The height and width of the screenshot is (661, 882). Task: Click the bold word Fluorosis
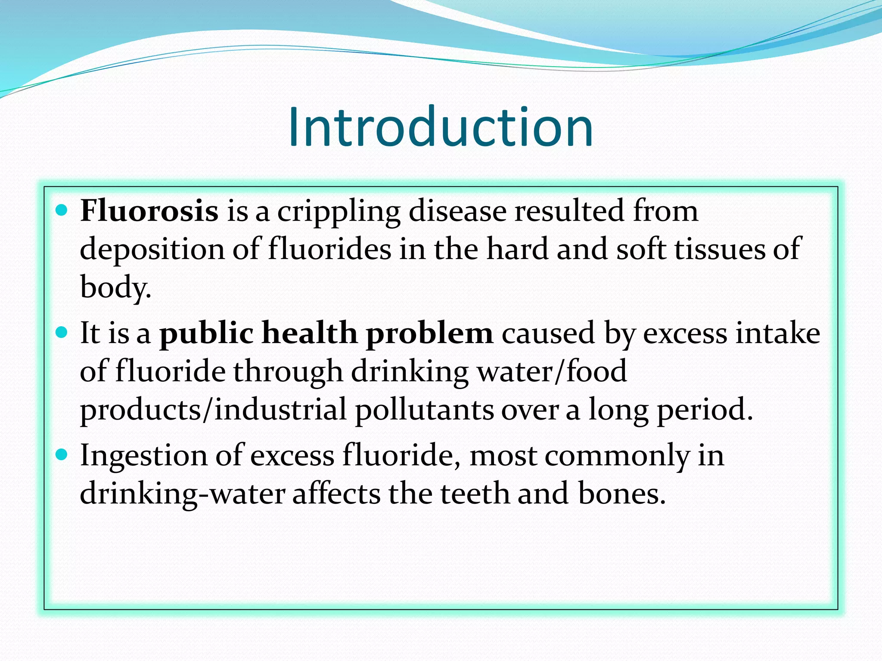coord(149,211)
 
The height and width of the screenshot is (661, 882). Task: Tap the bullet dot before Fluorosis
coord(62,210)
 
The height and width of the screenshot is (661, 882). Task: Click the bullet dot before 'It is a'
coord(62,332)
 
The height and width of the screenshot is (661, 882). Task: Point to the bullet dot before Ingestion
coord(62,454)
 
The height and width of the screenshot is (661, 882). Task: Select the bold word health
coord(309,333)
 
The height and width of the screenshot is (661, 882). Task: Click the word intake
coord(777,333)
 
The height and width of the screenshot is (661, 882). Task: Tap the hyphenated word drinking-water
coord(182,494)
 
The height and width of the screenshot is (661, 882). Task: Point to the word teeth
coord(474,493)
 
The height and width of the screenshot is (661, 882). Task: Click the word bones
coord(620,493)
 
